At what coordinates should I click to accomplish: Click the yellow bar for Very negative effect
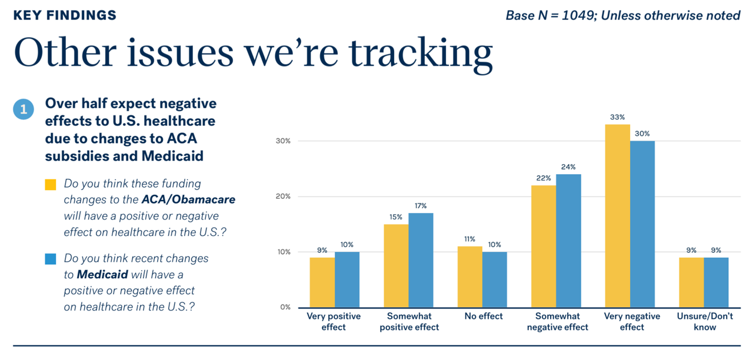(x=618, y=216)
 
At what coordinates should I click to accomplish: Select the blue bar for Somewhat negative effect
(x=568, y=241)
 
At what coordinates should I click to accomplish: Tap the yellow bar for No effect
(x=470, y=277)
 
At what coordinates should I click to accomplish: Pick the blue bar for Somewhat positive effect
(x=421, y=260)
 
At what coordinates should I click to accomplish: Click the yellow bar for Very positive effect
(x=322, y=282)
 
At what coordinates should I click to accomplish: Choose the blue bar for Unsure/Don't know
(x=717, y=282)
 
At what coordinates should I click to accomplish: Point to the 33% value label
(x=618, y=117)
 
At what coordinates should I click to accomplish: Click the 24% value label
(x=568, y=166)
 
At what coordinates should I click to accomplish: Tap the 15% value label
(x=396, y=217)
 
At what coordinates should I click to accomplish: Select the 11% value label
(x=470, y=239)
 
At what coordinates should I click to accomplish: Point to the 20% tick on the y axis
(x=283, y=196)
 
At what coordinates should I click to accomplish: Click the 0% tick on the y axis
(x=285, y=307)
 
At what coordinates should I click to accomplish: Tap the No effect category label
(x=484, y=316)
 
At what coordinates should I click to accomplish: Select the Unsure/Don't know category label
(x=705, y=321)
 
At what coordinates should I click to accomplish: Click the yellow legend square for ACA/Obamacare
(x=51, y=185)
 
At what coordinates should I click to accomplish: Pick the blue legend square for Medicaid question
(x=51, y=259)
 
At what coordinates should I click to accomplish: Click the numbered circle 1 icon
(x=24, y=109)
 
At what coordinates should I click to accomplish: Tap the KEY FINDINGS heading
(x=65, y=15)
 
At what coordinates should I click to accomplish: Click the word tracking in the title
(x=421, y=54)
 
